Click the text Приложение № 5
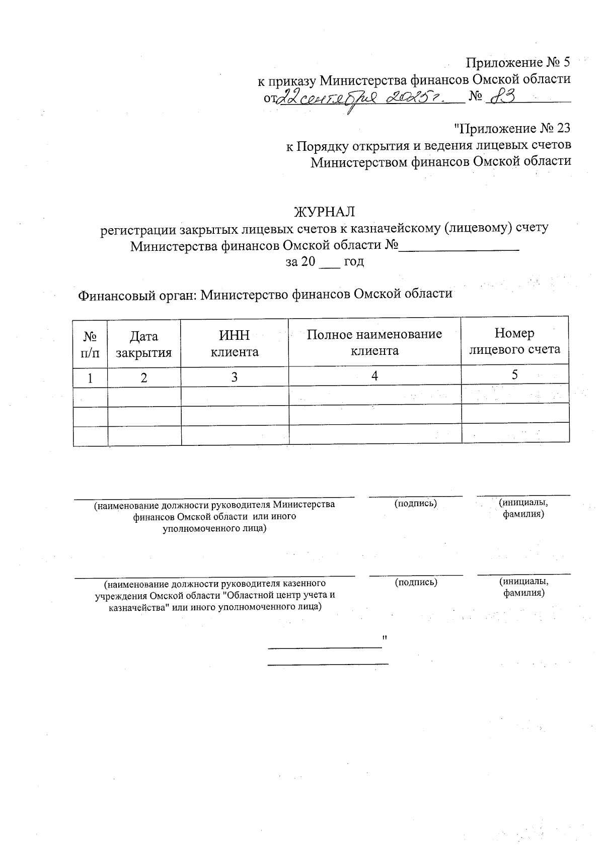518,63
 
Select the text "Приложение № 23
512,129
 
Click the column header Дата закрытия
144,344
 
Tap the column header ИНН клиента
235,344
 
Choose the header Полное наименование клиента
374,342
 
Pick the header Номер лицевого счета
514,341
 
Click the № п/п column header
90,345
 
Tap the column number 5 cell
514,374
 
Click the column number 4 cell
374,376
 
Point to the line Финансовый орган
265,294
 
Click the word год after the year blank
353,262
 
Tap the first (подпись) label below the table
415,503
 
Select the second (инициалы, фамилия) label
523,587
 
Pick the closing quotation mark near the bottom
385,638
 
